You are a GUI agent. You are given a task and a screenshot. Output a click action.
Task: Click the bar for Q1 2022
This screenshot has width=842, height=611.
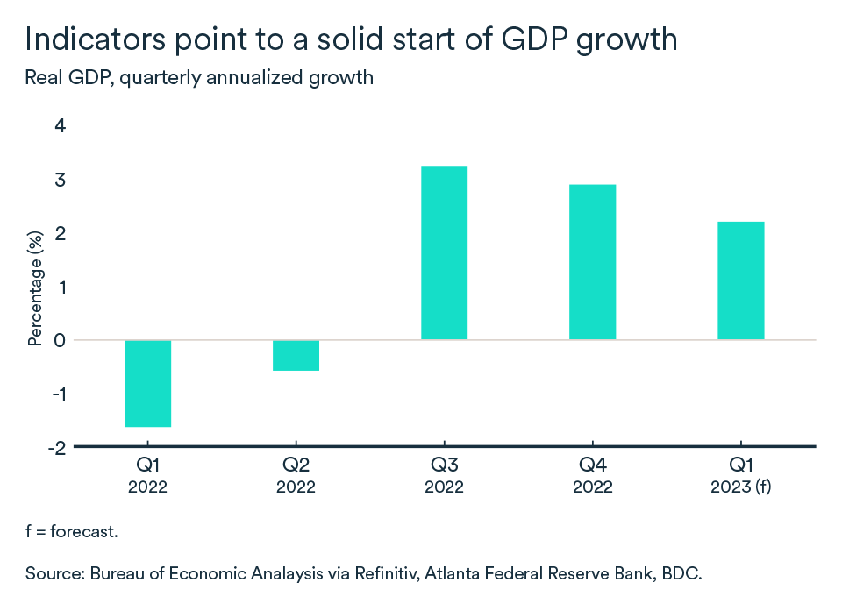click(x=147, y=383)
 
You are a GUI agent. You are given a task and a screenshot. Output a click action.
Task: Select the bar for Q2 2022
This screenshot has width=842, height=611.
click(x=296, y=355)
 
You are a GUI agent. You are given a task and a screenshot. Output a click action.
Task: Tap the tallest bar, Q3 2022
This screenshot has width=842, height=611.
click(x=444, y=252)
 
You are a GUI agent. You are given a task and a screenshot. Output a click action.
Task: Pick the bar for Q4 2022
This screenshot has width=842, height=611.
click(x=592, y=262)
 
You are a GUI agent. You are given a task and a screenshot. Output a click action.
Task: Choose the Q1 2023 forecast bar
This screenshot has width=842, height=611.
click(x=740, y=281)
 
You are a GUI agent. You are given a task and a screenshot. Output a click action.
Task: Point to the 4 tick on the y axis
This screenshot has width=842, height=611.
click(x=61, y=126)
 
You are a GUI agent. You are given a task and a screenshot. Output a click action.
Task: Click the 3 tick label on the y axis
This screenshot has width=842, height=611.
click(x=61, y=180)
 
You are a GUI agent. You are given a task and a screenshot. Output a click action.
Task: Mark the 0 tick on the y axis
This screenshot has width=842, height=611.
click(x=61, y=340)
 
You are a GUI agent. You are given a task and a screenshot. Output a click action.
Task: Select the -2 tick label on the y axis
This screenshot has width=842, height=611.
click(x=56, y=447)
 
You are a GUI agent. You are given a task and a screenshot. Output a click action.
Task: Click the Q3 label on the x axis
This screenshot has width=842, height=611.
click(x=444, y=465)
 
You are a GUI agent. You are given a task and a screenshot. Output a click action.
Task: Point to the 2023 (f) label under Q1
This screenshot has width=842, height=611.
click(x=740, y=487)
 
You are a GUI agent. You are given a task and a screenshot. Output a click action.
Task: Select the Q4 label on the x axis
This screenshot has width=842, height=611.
click(x=592, y=465)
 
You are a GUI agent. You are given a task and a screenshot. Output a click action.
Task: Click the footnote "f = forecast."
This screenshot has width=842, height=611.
click(x=72, y=531)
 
